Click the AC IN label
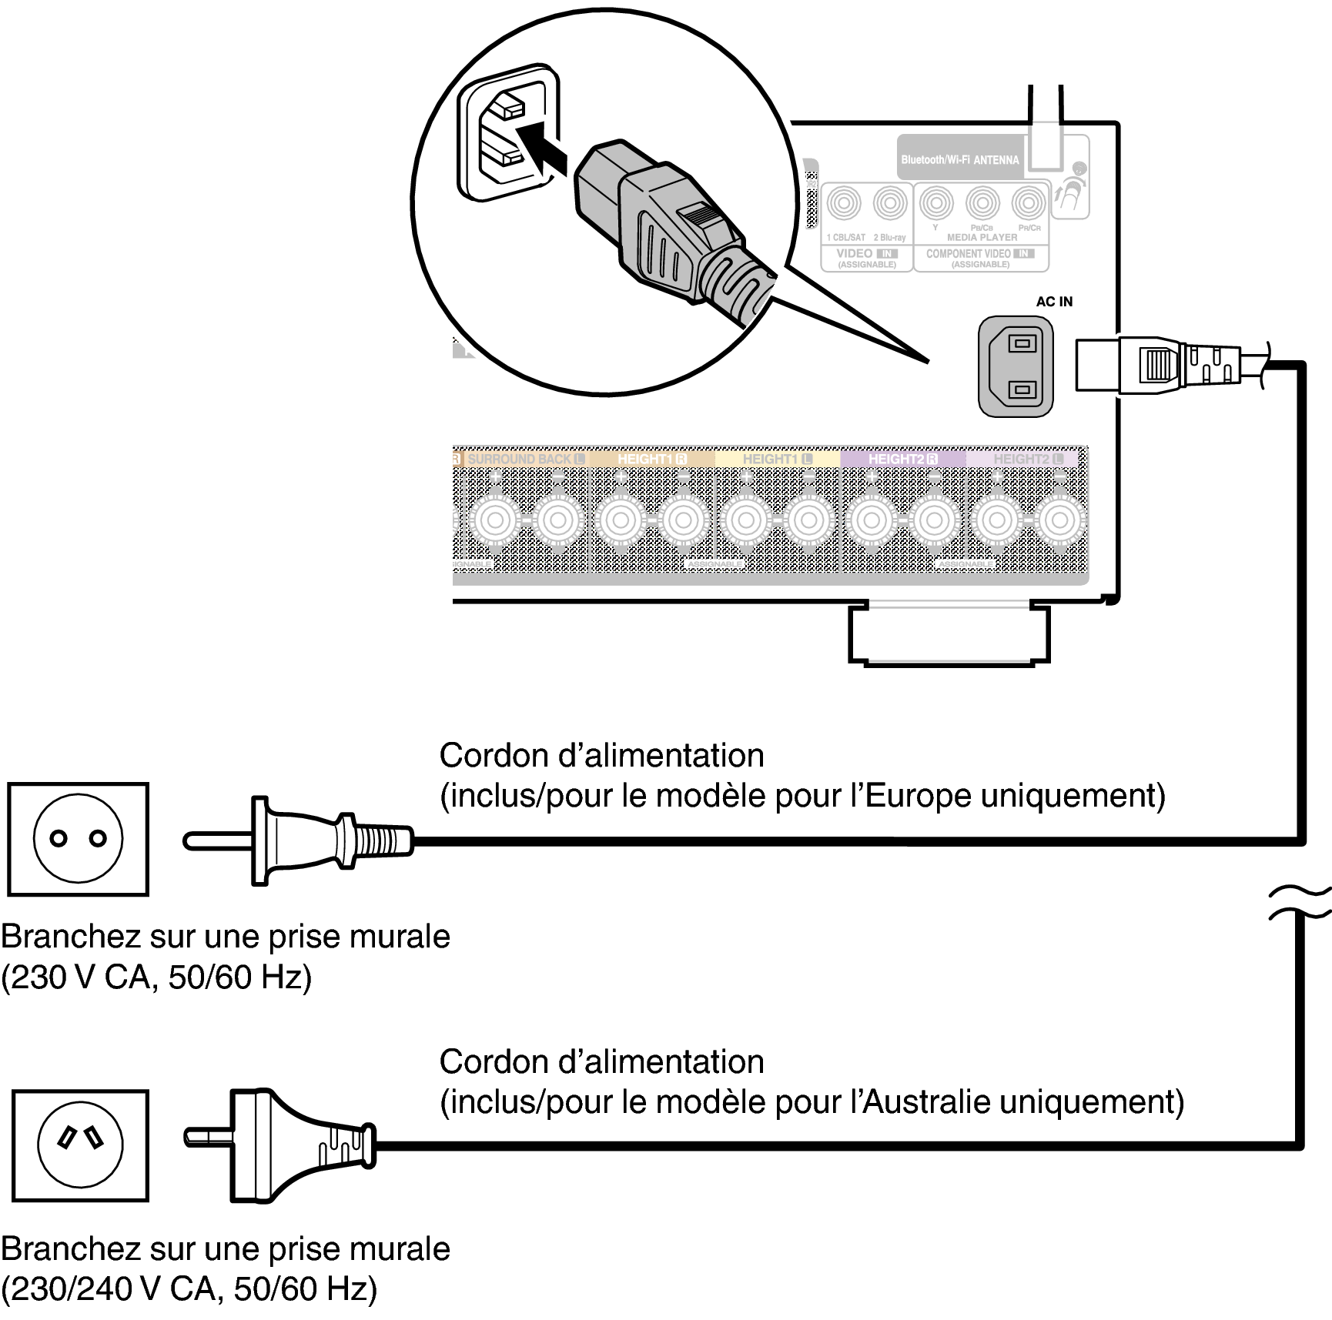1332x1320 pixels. (1053, 302)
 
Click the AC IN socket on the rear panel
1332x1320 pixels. (1015, 366)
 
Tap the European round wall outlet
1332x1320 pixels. (78, 839)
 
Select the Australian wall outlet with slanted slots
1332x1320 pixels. (80, 1145)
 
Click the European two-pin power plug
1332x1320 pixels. (300, 840)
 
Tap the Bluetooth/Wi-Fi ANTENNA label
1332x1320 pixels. (959, 160)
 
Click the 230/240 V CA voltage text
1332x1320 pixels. (111, 1288)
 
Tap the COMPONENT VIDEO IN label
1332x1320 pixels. (979, 254)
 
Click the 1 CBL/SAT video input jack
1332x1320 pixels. (845, 204)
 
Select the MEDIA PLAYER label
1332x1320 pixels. (982, 238)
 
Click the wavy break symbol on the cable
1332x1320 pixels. (1300, 903)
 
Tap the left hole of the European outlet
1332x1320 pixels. (59, 839)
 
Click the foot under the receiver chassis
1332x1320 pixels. (949, 636)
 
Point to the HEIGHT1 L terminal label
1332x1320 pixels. (777, 459)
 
